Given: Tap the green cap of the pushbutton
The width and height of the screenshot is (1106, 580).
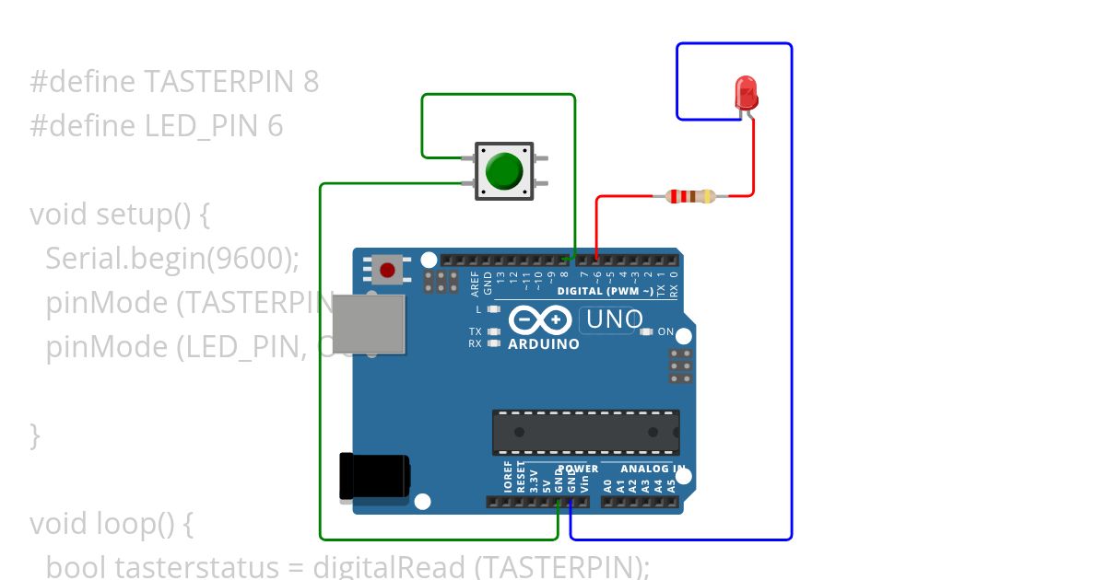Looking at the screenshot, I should tap(504, 171).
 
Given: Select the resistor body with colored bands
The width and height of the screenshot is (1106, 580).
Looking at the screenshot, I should tap(689, 195).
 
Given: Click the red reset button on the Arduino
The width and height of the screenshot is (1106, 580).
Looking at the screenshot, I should tap(388, 271).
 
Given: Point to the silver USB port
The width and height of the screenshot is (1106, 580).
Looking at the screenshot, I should tap(370, 323).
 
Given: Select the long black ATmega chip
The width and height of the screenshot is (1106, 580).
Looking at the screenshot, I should tap(585, 432).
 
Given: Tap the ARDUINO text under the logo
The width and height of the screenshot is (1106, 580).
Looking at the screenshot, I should tap(544, 344).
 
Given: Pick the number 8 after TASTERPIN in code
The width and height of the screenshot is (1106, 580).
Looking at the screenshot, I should tap(311, 82).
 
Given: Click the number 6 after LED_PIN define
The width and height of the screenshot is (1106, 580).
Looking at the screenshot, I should tap(276, 126).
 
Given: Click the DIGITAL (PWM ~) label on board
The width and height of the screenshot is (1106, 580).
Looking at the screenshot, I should tap(606, 291).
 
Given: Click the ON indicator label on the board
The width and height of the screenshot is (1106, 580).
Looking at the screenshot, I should tap(665, 331).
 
